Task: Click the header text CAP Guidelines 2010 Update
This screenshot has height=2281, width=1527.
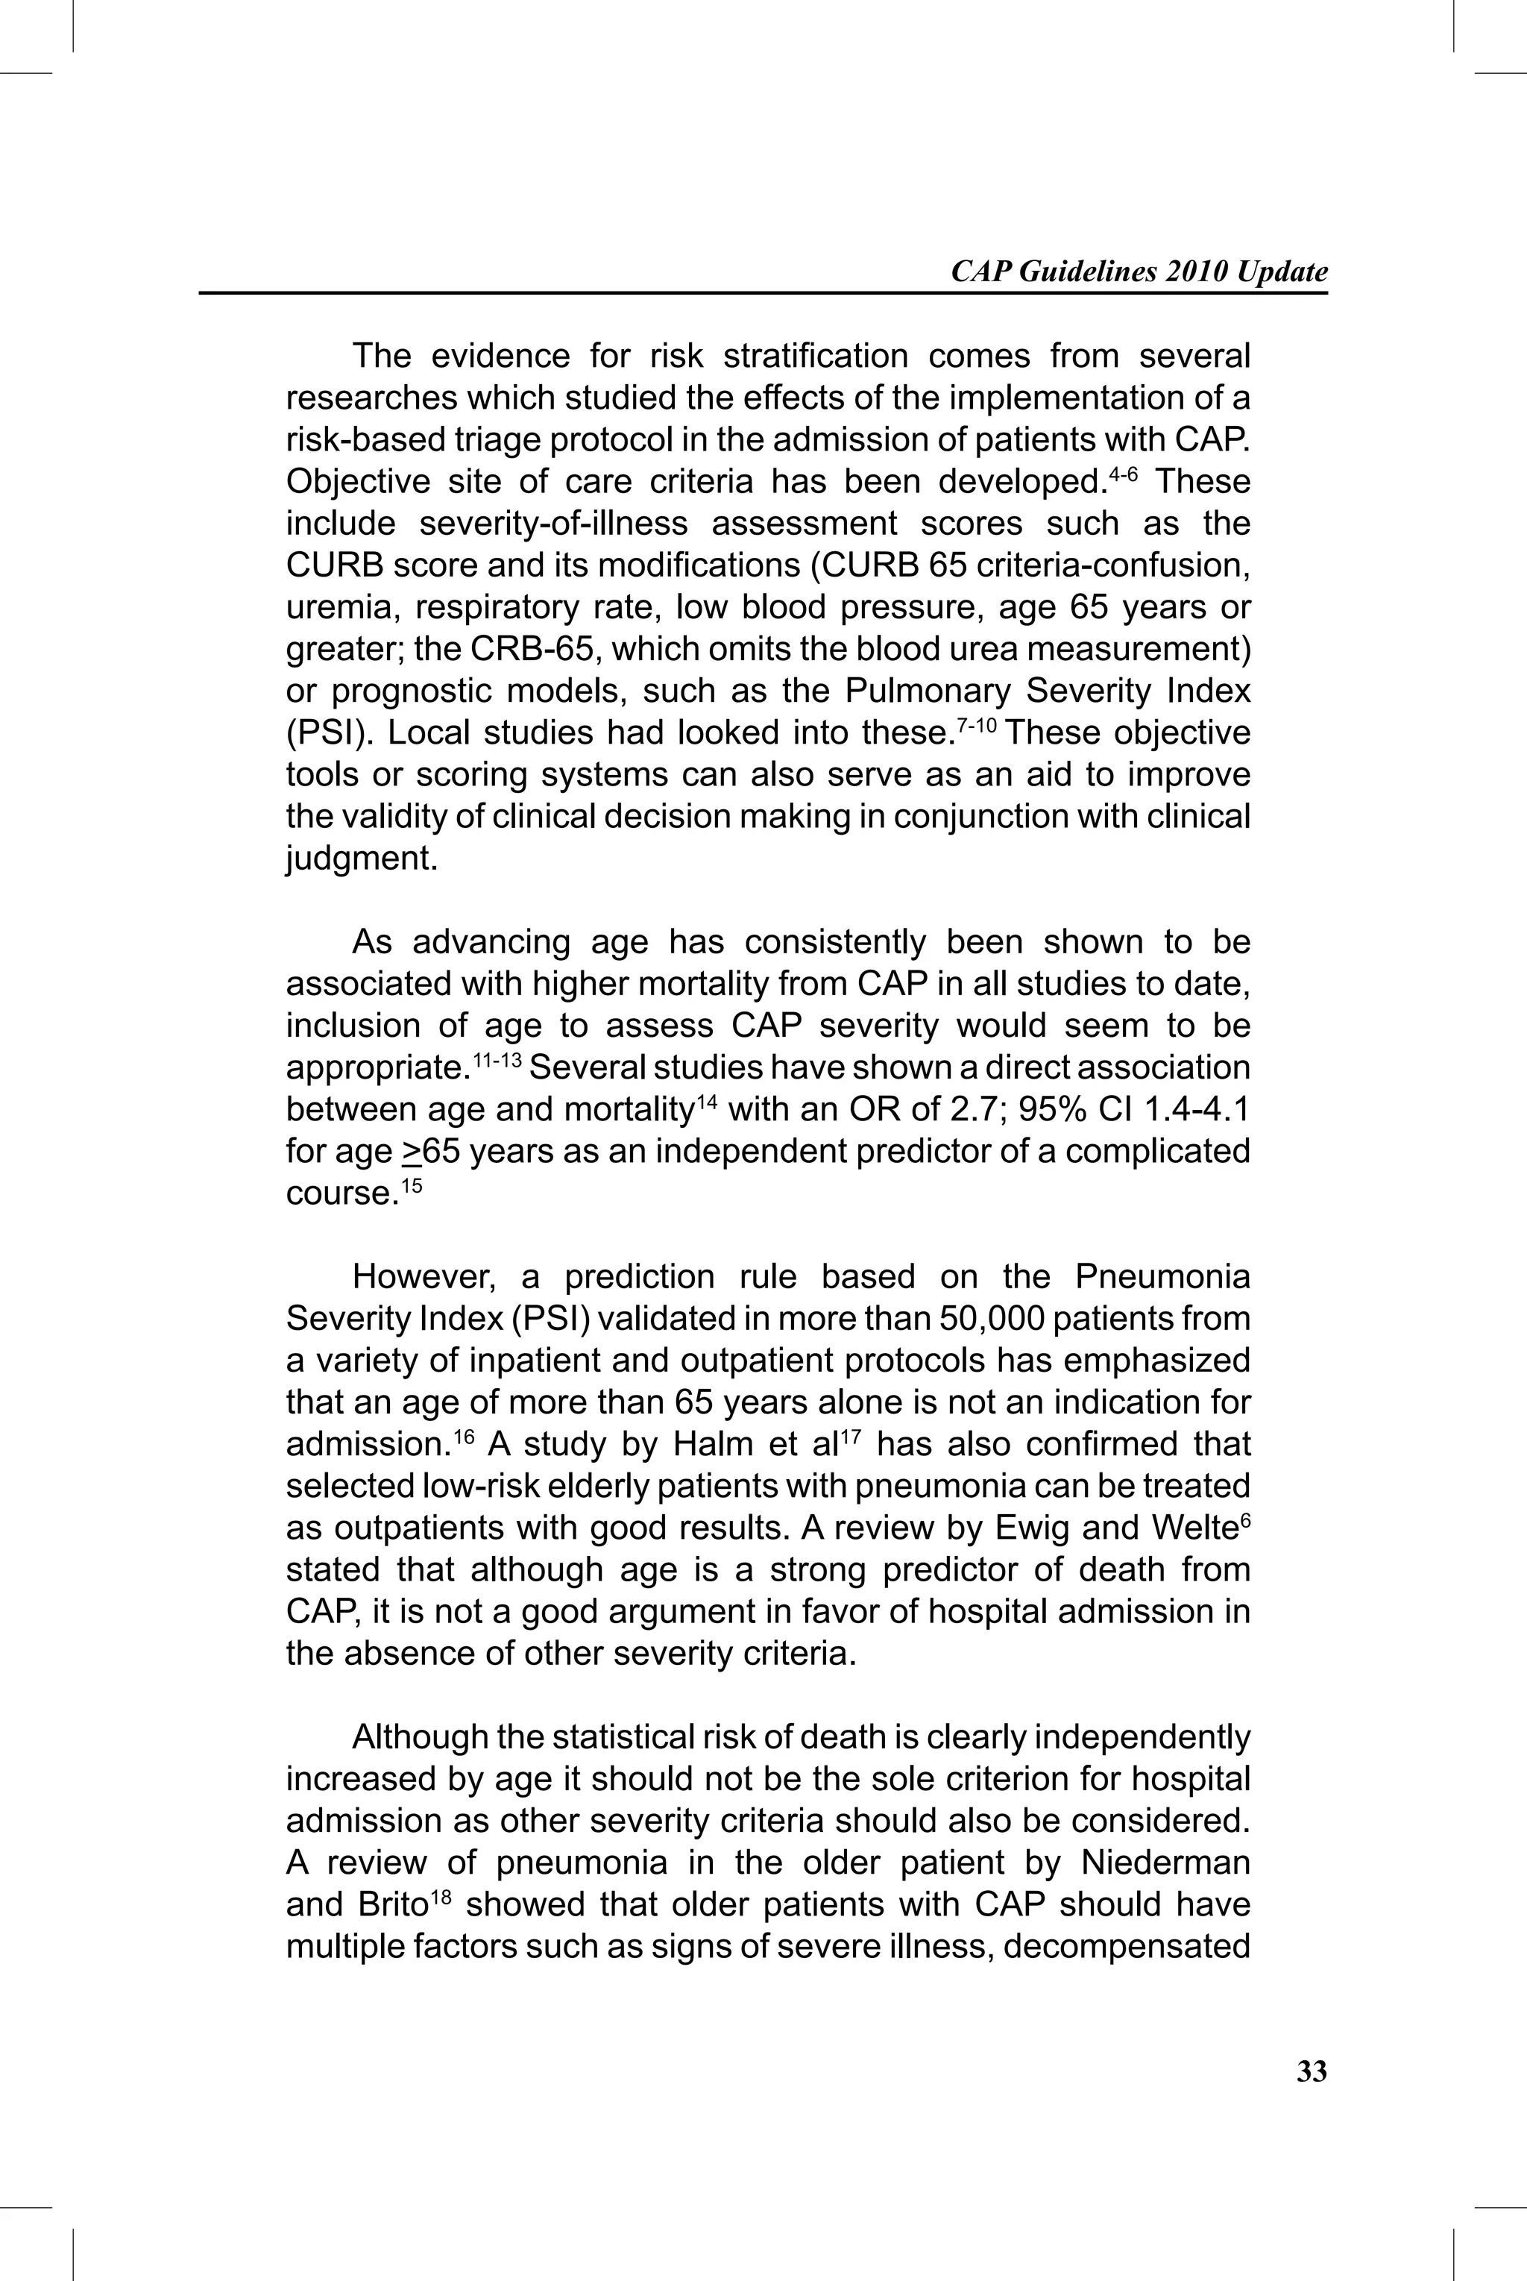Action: click(x=1139, y=272)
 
